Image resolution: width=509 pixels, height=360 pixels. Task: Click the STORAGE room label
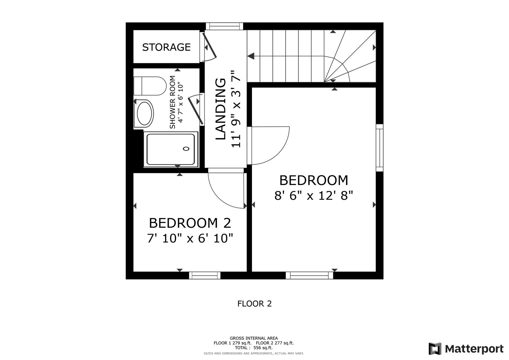click(x=166, y=47)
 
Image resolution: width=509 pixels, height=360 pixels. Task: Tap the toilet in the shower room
click(x=150, y=86)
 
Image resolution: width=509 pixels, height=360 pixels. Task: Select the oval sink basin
click(x=144, y=113)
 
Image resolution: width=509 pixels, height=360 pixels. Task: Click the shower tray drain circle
click(x=186, y=149)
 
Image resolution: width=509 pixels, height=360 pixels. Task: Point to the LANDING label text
click(x=221, y=109)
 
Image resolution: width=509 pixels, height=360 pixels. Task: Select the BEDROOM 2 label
click(x=190, y=223)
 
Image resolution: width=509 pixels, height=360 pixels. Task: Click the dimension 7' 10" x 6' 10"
click(x=190, y=238)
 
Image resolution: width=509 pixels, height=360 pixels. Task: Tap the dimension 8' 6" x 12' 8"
click(x=313, y=195)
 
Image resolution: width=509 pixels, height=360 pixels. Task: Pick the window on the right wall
click(x=379, y=148)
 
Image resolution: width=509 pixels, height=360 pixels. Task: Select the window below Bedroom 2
click(x=205, y=275)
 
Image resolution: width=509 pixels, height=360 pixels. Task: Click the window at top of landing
click(x=224, y=26)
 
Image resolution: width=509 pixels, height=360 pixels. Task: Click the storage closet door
click(x=210, y=46)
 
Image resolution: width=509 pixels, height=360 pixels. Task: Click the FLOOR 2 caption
click(x=254, y=304)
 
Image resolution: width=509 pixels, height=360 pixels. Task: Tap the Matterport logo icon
click(x=435, y=349)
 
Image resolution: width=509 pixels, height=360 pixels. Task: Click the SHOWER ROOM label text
click(x=172, y=102)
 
